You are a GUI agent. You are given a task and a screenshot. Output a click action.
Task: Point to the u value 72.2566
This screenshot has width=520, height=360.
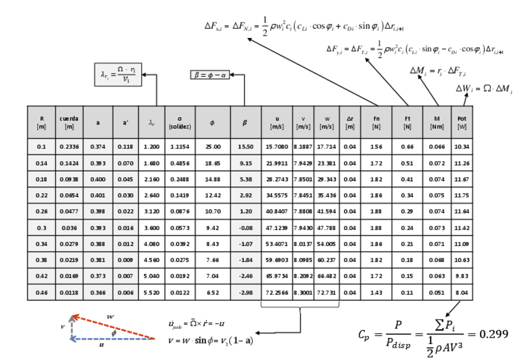(277, 293)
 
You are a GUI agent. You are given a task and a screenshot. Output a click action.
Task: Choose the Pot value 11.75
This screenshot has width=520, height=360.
(462, 196)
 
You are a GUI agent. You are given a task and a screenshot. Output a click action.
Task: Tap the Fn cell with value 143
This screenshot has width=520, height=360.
(376, 293)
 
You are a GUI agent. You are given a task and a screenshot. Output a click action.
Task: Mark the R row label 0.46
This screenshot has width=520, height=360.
(42, 293)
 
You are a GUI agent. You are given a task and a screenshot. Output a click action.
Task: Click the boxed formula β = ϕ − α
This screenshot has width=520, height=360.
(210, 75)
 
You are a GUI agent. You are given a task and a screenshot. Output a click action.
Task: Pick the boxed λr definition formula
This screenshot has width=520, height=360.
(118, 74)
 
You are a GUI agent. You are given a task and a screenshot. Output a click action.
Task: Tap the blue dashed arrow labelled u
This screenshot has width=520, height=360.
(113, 339)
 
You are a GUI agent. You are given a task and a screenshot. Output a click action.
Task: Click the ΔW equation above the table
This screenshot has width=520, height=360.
(484, 89)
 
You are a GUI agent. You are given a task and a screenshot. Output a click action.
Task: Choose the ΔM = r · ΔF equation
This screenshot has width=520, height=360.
(438, 71)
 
